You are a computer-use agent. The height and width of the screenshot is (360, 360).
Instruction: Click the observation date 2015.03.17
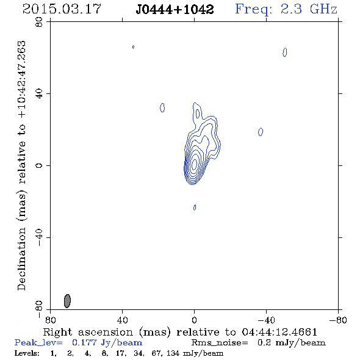click(x=62, y=9)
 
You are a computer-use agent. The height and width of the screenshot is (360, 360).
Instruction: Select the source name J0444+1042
click(x=175, y=10)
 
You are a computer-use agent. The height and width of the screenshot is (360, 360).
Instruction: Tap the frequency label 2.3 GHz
click(x=309, y=9)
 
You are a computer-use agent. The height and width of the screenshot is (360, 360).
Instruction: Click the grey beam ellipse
click(x=67, y=301)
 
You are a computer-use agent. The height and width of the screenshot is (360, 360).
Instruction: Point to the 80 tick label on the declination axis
click(x=39, y=22)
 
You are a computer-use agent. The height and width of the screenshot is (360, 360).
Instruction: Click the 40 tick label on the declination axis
click(x=39, y=94)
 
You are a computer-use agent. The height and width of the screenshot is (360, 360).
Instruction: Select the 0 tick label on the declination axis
click(x=39, y=165)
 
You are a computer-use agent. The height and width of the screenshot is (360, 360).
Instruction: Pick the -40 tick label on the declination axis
click(x=39, y=237)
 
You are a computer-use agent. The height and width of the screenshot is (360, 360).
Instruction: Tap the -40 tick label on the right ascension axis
click(x=266, y=320)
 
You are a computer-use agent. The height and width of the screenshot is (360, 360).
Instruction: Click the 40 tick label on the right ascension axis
click(x=122, y=320)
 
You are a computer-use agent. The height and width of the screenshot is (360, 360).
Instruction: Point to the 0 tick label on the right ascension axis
click(x=194, y=320)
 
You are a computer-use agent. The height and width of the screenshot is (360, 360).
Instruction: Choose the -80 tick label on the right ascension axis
click(x=338, y=320)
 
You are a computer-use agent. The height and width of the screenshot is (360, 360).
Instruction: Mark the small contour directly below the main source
click(x=195, y=207)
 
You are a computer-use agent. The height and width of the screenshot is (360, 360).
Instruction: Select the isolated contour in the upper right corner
click(x=285, y=52)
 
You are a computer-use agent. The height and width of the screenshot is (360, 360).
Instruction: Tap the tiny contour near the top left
click(x=133, y=47)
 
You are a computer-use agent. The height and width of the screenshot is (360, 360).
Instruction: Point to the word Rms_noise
click(x=220, y=343)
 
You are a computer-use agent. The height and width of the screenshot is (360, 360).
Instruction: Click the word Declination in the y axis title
click(x=21, y=259)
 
